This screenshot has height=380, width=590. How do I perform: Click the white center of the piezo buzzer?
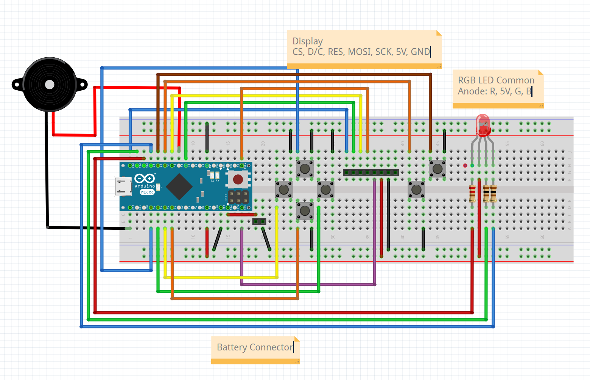pos(50,85)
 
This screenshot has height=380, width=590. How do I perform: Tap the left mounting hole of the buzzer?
pos(16,85)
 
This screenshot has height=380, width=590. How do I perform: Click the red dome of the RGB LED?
pos(483,123)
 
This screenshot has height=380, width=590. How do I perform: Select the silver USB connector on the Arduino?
pos(123,187)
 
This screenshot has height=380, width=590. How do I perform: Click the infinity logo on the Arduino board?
pos(145,178)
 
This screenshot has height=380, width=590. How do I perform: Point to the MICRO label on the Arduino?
pos(147,192)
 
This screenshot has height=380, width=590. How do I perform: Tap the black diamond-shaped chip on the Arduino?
pos(179,187)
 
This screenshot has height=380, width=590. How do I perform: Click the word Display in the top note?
pos(307,41)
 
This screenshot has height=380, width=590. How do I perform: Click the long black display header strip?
pos(371,173)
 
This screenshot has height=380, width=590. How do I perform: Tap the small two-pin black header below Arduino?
pos(259,221)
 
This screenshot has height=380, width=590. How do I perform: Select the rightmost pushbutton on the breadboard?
pos(437,169)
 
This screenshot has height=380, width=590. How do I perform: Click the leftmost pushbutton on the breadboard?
pos(283,190)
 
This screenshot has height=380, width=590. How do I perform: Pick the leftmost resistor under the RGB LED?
pos(472,193)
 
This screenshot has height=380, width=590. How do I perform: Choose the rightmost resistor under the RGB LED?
pos(493,193)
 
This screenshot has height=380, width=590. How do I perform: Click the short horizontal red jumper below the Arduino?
pos(242,215)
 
